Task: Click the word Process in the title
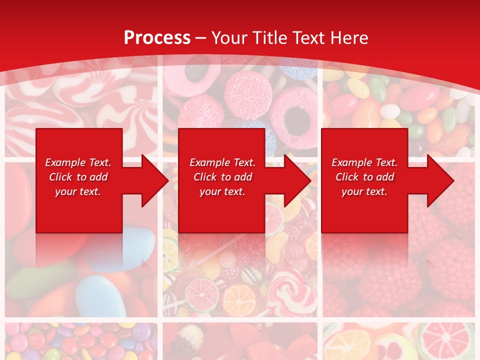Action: tap(157, 37)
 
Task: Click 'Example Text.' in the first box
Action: tap(78, 162)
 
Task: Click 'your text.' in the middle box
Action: tap(222, 191)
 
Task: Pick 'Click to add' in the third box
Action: tap(365, 177)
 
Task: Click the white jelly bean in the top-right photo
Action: tap(390, 111)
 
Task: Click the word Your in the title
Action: tap(231, 37)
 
